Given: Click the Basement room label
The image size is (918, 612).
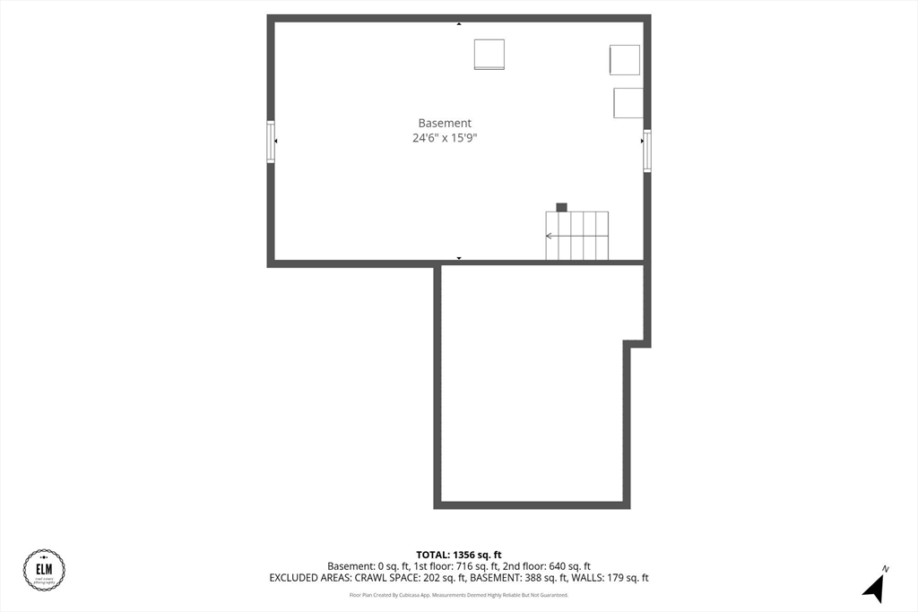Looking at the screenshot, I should click(x=445, y=123).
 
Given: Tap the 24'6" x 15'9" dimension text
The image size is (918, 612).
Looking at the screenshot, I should click(x=445, y=138).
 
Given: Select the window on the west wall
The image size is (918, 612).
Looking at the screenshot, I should click(x=271, y=142).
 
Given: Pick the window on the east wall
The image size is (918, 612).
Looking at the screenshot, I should click(x=646, y=151).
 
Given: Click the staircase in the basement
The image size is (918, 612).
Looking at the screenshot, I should click(x=577, y=236).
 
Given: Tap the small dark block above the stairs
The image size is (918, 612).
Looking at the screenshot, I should click(x=561, y=207).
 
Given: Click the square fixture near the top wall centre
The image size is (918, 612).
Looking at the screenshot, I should click(x=489, y=54).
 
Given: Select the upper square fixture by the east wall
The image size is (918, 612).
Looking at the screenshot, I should click(x=625, y=60).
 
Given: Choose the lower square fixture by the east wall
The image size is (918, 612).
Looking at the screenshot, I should click(x=628, y=103).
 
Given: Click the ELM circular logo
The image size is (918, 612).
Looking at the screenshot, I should click(x=44, y=570).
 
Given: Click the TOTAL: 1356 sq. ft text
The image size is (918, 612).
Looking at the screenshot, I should click(x=458, y=554).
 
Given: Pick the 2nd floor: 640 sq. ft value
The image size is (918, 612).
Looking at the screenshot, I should click(x=548, y=566).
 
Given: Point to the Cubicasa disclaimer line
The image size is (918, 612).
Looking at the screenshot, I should click(x=458, y=595).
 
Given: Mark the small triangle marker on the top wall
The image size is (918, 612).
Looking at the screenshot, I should click(x=459, y=23).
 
